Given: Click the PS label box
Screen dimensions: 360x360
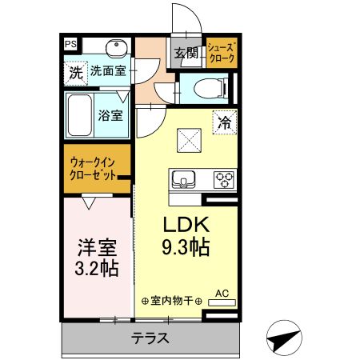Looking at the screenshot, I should point(71,45).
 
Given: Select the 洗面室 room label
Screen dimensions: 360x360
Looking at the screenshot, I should point(108,70).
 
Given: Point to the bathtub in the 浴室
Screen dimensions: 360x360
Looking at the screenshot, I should point(80,114).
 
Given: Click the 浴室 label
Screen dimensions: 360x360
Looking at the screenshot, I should point(110,115).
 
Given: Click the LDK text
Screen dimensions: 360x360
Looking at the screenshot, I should point(187,223).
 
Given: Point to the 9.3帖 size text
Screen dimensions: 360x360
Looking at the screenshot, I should point(187,247).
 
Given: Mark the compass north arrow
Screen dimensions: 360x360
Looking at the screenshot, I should point(284,340).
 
